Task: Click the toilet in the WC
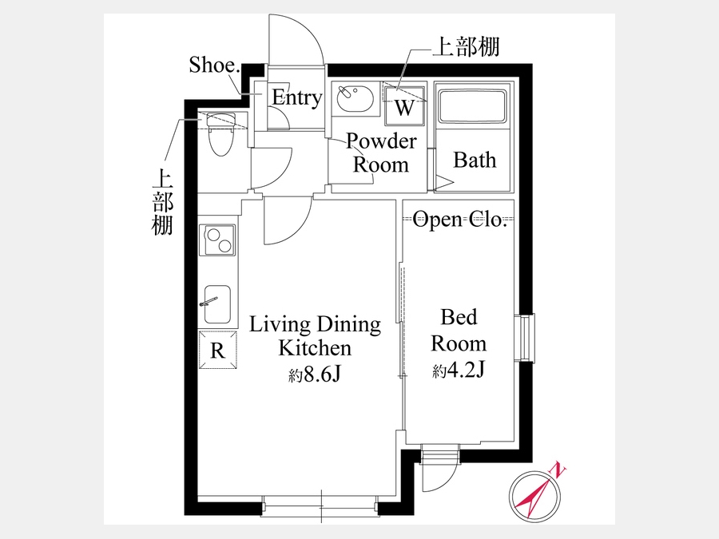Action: (x=221, y=134)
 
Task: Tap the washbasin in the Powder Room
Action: (x=355, y=98)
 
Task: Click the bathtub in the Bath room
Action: (x=472, y=106)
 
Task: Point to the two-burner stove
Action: (x=217, y=240)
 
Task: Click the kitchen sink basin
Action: (x=217, y=305)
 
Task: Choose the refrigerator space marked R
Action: (x=218, y=350)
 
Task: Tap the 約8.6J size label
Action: (x=315, y=375)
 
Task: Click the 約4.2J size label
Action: (x=459, y=371)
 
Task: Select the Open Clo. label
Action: (x=459, y=219)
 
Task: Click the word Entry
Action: (x=296, y=97)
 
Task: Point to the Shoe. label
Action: (x=214, y=65)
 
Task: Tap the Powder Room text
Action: (x=380, y=153)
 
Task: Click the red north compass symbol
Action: (x=534, y=495)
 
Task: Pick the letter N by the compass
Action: (x=558, y=470)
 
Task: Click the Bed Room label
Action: (x=459, y=330)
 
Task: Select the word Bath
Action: (x=475, y=160)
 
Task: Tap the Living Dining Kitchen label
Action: (x=315, y=336)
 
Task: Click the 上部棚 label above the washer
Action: (x=467, y=47)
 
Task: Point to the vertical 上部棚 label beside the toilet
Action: (x=162, y=202)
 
